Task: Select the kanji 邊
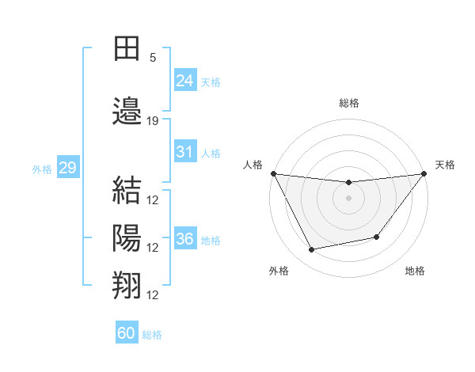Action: [x=127, y=111]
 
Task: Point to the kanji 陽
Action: [x=127, y=237]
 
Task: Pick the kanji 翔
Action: [x=127, y=285]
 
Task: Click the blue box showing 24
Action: [x=184, y=80]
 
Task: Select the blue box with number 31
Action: [x=184, y=153]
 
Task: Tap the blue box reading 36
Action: [x=184, y=239]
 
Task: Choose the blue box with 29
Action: [x=67, y=168]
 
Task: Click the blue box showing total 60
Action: [x=127, y=333]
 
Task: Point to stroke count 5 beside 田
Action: [x=153, y=58]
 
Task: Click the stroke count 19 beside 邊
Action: [x=153, y=121]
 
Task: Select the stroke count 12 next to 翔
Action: [x=153, y=295]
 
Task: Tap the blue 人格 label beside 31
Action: [x=211, y=154]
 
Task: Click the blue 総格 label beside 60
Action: [x=152, y=335]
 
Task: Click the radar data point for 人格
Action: [x=274, y=173]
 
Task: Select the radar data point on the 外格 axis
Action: [x=312, y=250]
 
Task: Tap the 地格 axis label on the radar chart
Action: [x=415, y=271]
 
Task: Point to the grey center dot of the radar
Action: [x=348, y=198]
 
